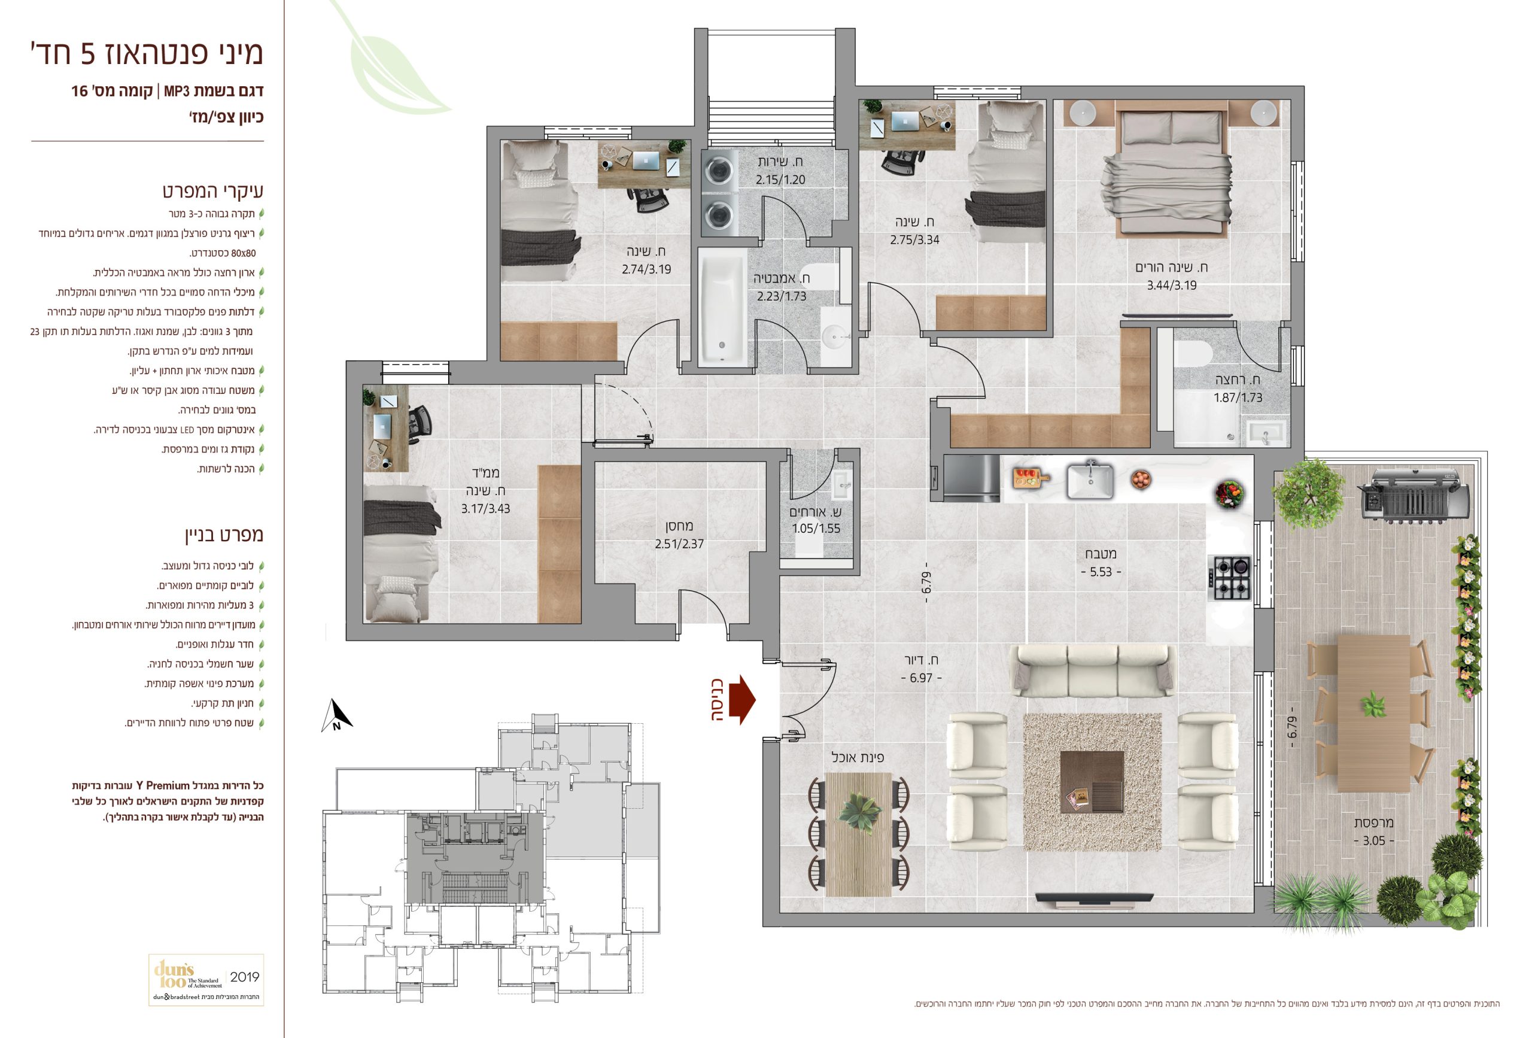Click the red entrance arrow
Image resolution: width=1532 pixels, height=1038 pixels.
(746, 700)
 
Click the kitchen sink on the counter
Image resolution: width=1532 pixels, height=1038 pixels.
(1089, 479)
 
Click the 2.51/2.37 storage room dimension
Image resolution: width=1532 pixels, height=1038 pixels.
(679, 544)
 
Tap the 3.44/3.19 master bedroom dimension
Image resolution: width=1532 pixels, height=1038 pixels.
(1171, 286)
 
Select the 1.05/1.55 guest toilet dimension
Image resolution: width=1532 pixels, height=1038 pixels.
(816, 528)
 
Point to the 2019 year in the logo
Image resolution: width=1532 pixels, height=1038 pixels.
(244, 977)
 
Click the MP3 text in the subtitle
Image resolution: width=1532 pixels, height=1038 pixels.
(177, 91)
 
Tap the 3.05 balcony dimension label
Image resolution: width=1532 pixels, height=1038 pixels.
(1374, 841)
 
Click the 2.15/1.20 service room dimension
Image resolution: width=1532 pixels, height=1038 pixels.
(780, 180)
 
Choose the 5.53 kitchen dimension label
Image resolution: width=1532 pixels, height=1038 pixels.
(1101, 572)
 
